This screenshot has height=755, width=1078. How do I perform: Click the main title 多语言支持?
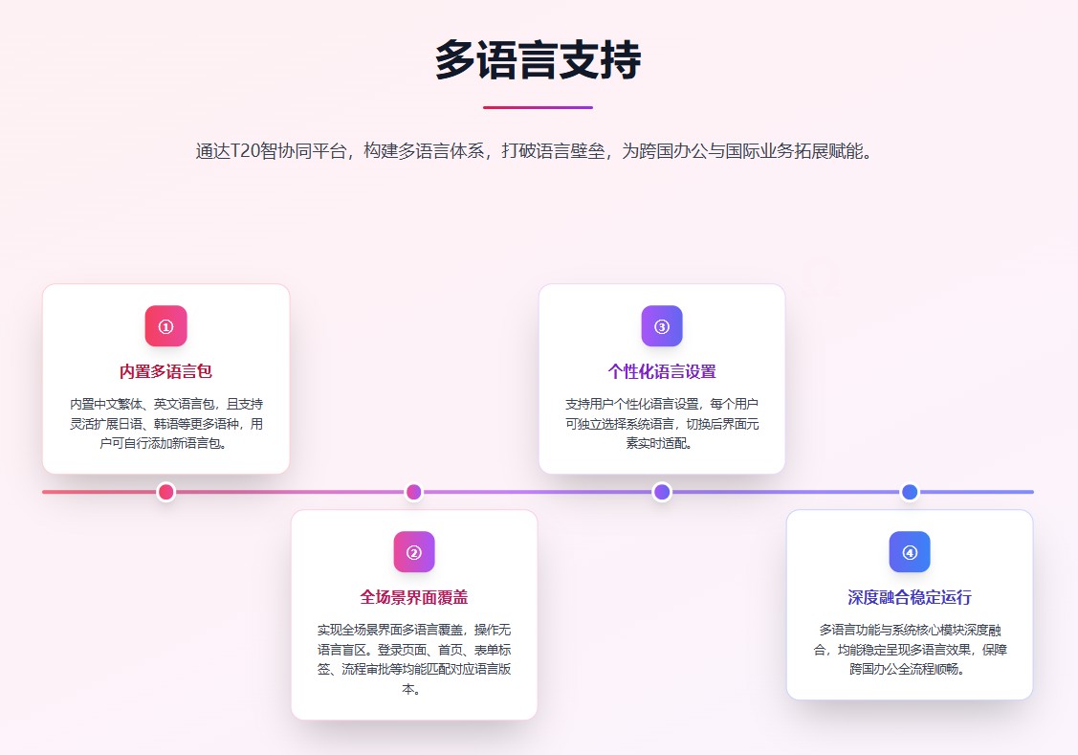coord(538,61)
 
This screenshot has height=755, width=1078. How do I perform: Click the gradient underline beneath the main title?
coord(538,107)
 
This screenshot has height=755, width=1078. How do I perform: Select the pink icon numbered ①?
coord(165,326)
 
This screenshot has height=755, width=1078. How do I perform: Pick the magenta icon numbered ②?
coord(414,552)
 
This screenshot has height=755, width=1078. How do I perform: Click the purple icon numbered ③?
coord(662,326)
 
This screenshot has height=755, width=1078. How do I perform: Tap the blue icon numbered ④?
coord(910,552)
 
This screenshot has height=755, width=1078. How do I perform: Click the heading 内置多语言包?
coord(165,371)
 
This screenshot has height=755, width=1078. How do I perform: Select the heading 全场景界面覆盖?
coord(414,597)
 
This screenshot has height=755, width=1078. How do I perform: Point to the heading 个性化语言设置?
coord(662,371)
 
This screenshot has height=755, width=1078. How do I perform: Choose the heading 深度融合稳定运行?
coord(910,597)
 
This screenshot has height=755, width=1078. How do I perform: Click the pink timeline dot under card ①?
coord(165,492)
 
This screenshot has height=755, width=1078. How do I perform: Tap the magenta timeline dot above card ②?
coord(414,492)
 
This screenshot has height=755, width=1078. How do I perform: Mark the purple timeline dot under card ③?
coord(662,492)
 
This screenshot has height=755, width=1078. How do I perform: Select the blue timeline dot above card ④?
coord(910,492)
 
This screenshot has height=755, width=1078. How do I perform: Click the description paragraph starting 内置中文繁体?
coord(165,423)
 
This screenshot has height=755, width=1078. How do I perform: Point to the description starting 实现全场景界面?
coord(414,658)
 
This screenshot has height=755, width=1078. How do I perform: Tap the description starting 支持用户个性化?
coord(662,423)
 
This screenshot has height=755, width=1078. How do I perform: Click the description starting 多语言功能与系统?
coord(910,649)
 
